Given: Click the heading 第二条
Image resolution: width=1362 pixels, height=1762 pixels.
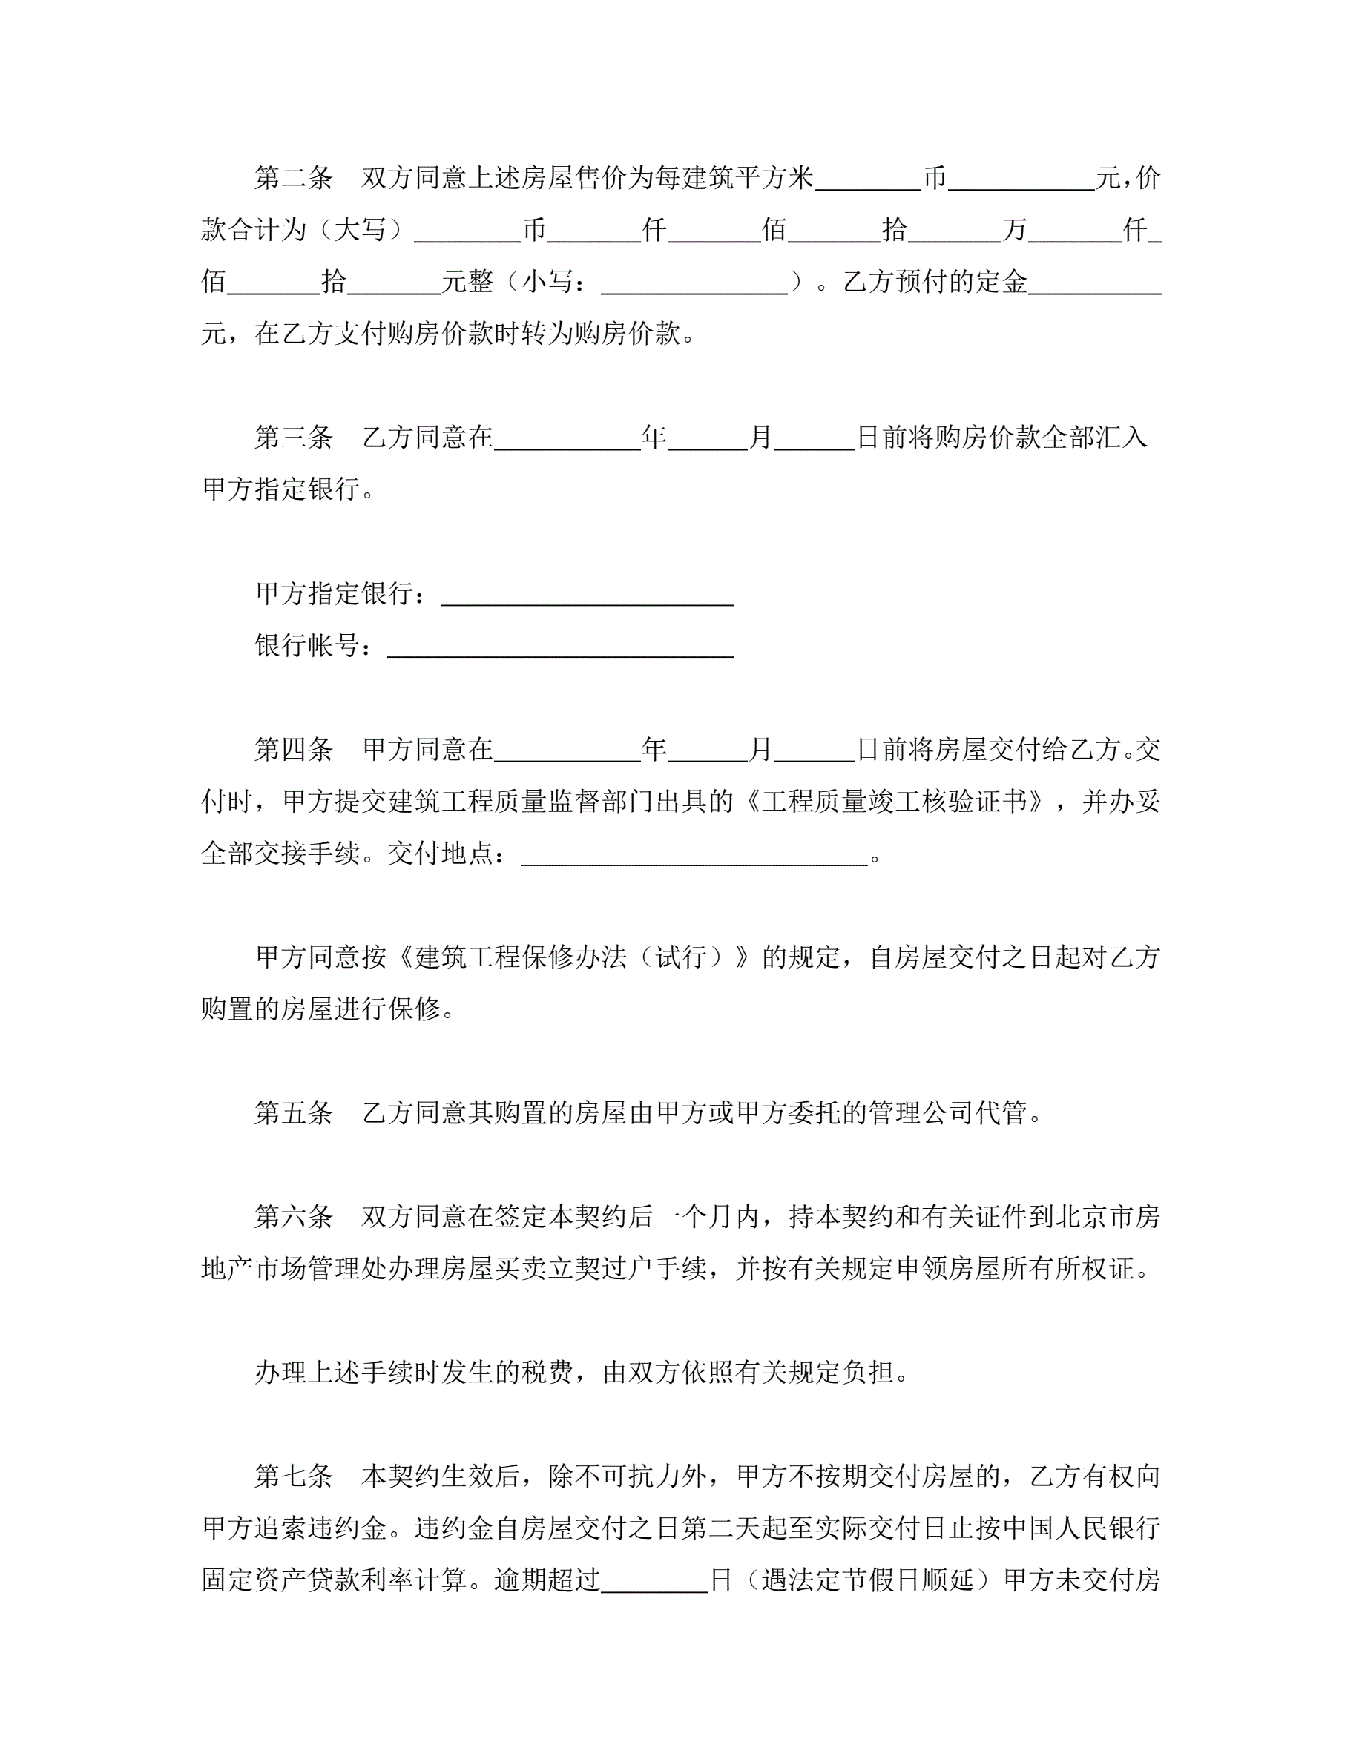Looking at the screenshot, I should point(294,177).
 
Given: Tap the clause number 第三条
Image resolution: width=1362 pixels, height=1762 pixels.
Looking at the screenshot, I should point(294,438).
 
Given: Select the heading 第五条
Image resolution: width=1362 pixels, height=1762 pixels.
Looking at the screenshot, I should point(294,1112).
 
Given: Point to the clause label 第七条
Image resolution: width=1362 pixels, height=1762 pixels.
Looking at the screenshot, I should point(294,1476).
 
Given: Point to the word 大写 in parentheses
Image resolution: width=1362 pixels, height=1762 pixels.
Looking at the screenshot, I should point(360,230).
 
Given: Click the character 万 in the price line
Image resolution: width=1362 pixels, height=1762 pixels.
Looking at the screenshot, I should point(1014,230).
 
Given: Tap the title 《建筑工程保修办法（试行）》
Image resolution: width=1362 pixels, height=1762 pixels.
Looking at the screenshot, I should point(573,957).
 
